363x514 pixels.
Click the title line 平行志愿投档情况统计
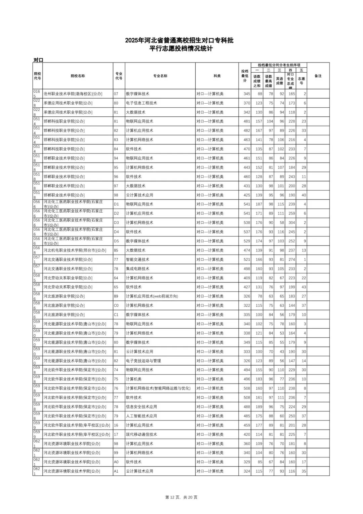click(x=181, y=49)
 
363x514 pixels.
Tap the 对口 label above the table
click(x=38, y=60)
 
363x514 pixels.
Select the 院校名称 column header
click(x=78, y=76)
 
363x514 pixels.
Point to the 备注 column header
click(x=318, y=76)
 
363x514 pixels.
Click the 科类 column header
click(x=217, y=76)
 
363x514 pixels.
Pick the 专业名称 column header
click(x=160, y=76)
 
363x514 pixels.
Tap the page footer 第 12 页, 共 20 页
click(x=182, y=497)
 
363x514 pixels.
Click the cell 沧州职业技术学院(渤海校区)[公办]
click(x=73, y=94)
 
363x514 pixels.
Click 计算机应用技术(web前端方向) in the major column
click(x=152, y=296)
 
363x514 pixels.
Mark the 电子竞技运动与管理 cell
click(x=143, y=361)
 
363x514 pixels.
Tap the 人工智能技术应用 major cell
click(x=141, y=416)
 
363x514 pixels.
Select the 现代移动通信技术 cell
click(x=141, y=435)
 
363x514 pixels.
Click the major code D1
click(x=116, y=204)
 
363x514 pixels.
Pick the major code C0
click(x=116, y=305)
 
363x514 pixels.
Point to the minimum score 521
click(x=247, y=260)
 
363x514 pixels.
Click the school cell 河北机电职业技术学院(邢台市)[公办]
click(x=75, y=250)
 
